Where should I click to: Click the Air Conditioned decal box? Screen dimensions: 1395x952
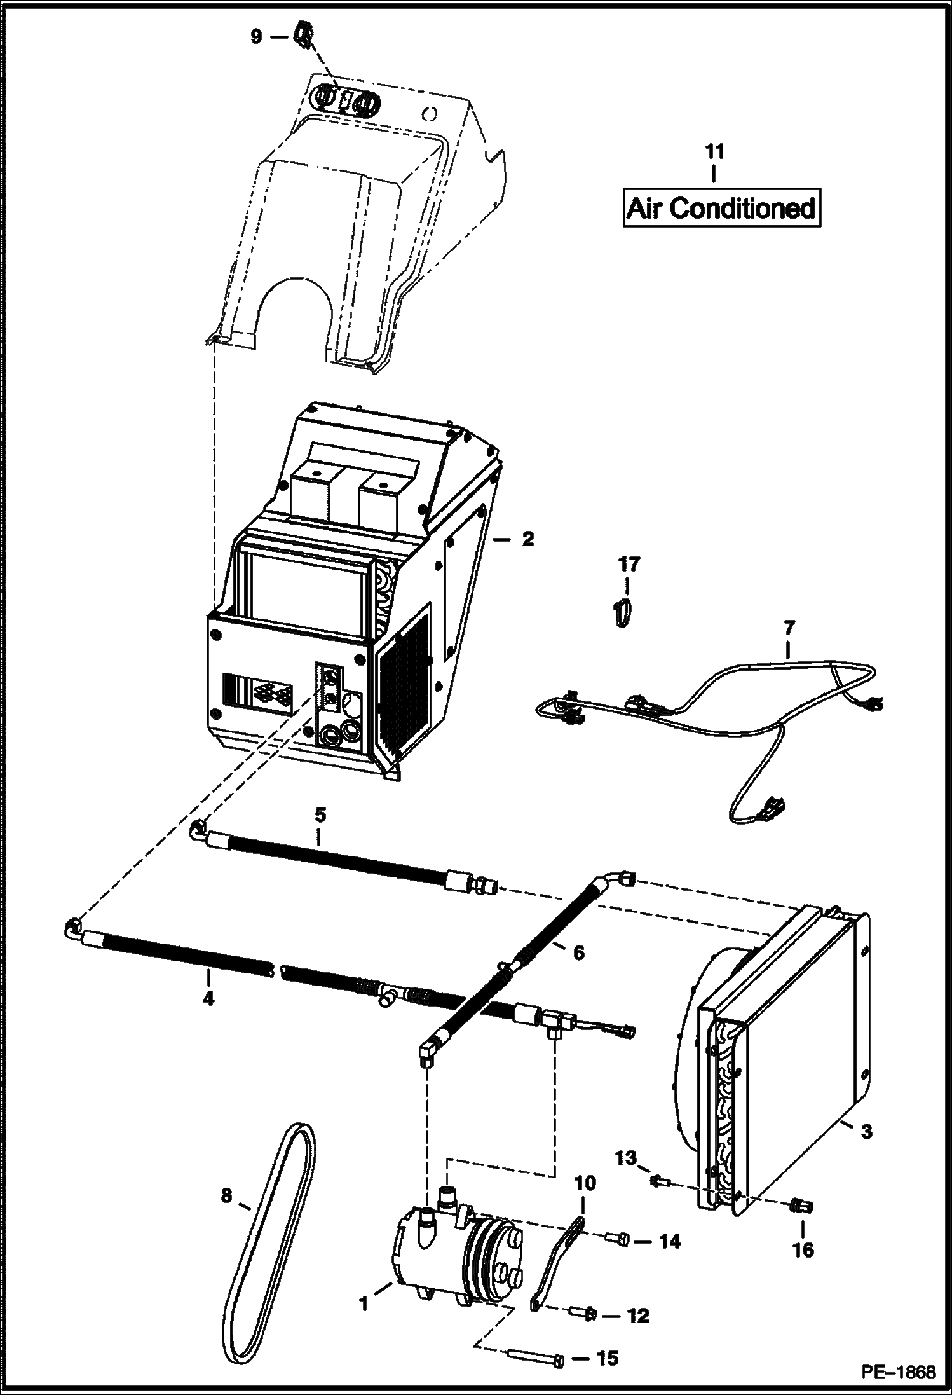coord(721,207)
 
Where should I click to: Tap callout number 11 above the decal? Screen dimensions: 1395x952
coord(714,152)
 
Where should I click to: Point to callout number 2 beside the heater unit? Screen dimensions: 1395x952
coord(527,540)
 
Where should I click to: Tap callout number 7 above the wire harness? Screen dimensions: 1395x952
coord(788,628)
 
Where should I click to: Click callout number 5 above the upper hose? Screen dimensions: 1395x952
coord(320,814)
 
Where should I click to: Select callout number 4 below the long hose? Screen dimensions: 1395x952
coord(208,998)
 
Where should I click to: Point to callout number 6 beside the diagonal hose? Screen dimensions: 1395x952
coord(578,952)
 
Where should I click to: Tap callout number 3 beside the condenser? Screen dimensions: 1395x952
coord(866,1131)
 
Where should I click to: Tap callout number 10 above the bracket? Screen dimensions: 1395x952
coord(585,1183)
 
